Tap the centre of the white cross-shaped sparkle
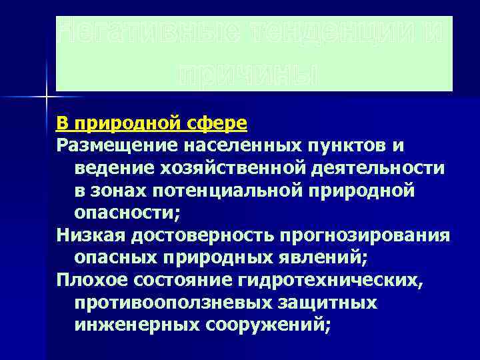pos(46,97)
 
